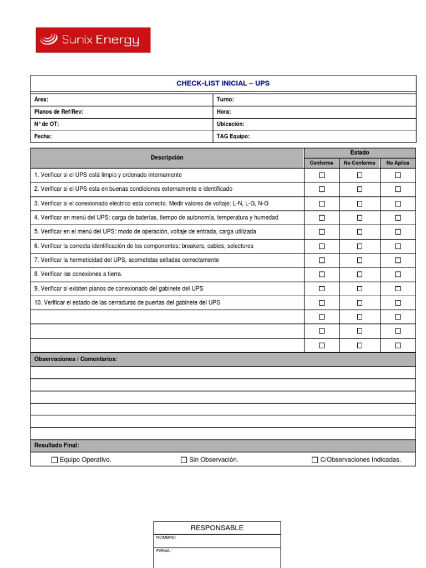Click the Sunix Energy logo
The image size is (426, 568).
point(93,40)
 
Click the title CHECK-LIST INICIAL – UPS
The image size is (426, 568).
point(223,83)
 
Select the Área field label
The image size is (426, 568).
point(41,99)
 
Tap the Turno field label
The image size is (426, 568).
point(225,99)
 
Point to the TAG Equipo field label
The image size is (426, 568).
point(233,136)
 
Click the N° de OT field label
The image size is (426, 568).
point(47,124)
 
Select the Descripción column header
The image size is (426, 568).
point(167,158)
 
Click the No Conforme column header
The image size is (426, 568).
point(359,163)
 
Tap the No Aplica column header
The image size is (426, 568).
point(398,163)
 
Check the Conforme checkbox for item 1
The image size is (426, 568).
point(322,175)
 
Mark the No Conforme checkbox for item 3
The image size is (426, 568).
point(359,204)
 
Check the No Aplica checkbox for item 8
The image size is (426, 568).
point(398,274)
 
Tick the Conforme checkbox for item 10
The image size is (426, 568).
point(322,303)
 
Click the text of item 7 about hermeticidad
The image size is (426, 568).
point(126,260)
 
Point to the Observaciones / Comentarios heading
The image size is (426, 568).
point(76,359)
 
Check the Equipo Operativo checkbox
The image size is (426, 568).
point(54,460)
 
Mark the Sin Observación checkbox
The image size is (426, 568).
point(184,460)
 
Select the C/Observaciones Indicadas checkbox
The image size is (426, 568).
point(315,460)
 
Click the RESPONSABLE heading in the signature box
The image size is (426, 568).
point(217,528)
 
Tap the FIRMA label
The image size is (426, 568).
point(164,551)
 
